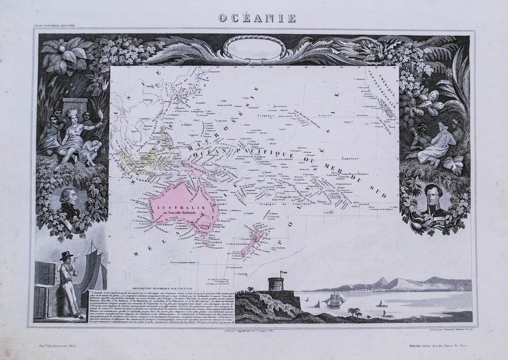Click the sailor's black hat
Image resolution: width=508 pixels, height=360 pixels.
[x=66, y=255]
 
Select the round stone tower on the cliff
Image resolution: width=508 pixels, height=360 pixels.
[x=276, y=284]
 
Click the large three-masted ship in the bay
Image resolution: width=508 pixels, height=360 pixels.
[x=336, y=299]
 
